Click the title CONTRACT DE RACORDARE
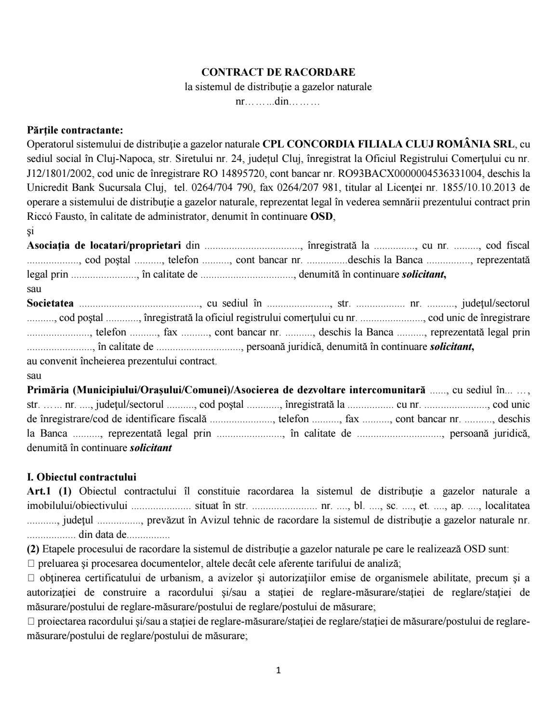[278, 72]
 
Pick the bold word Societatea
[51, 303]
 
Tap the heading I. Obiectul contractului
[81, 477]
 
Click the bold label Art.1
[38, 492]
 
